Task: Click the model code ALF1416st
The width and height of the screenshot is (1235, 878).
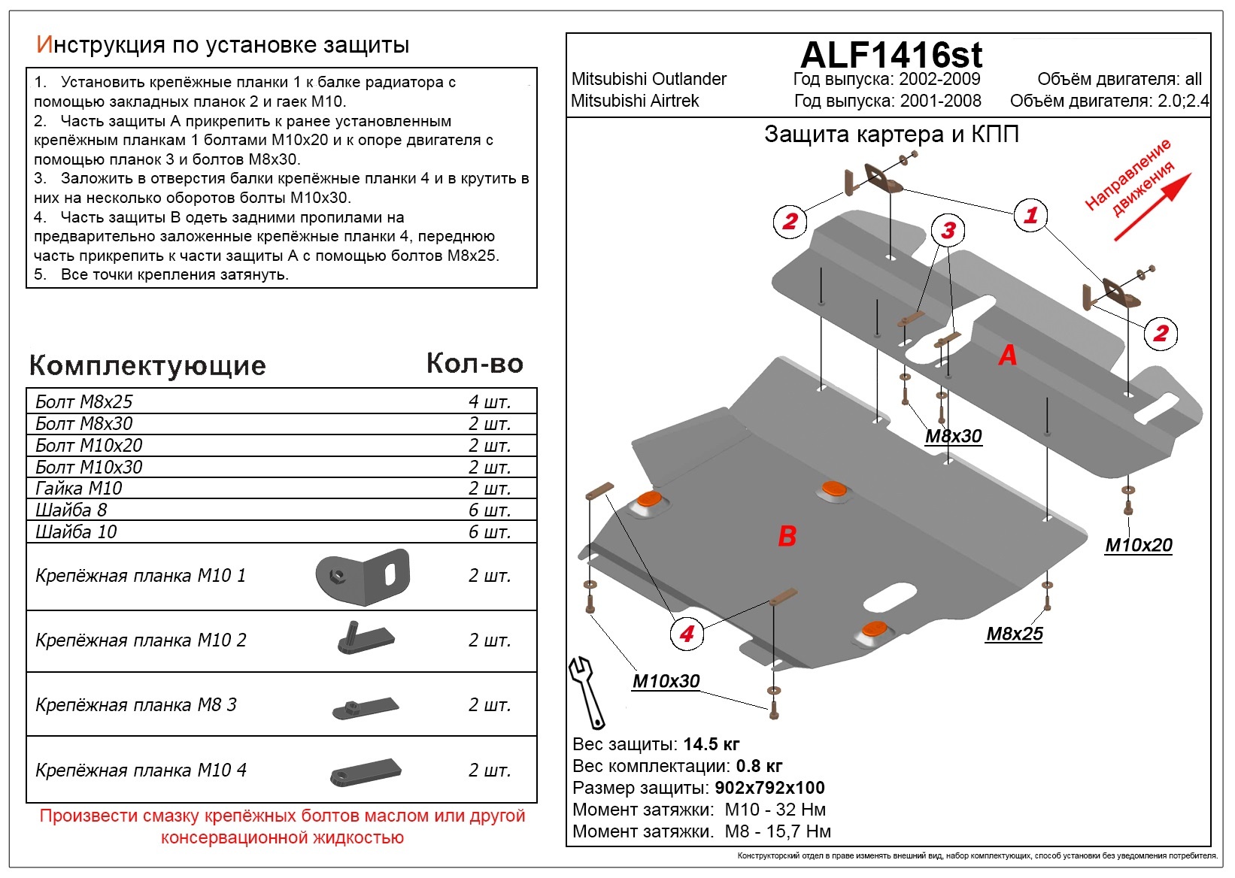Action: click(x=891, y=55)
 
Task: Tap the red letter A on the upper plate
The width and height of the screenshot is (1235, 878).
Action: click(x=1008, y=355)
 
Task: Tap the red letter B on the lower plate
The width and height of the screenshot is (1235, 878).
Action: click(x=787, y=536)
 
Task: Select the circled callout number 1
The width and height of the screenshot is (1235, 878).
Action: click(x=1030, y=216)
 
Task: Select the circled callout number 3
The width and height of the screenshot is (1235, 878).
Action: click(x=948, y=231)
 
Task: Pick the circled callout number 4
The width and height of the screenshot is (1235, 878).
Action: click(x=686, y=634)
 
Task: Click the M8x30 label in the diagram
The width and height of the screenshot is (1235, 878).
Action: click(x=953, y=436)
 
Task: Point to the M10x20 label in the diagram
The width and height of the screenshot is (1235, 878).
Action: click(x=1138, y=545)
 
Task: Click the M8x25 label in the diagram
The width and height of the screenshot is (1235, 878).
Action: click(x=1015, y=634)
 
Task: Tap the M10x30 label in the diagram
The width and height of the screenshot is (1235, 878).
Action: click(x=666, y=681)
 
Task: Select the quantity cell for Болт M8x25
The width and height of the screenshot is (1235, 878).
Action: click(x=489, y=401)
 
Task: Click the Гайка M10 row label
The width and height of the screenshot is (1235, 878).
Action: click(x=79, y=489)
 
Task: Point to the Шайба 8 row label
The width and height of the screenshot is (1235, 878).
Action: click(x=71, y=510)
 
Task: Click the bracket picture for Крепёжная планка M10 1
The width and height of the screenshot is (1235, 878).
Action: click(x=363, y=577)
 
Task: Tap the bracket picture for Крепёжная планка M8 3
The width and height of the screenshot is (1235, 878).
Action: click(x=366, y=707)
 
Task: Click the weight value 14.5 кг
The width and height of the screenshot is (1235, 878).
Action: click(x=711, y=744)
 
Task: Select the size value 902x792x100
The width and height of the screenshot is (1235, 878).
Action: click(x=769, y=788)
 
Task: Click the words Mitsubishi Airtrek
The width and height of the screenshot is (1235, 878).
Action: click(x=635, y=101)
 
